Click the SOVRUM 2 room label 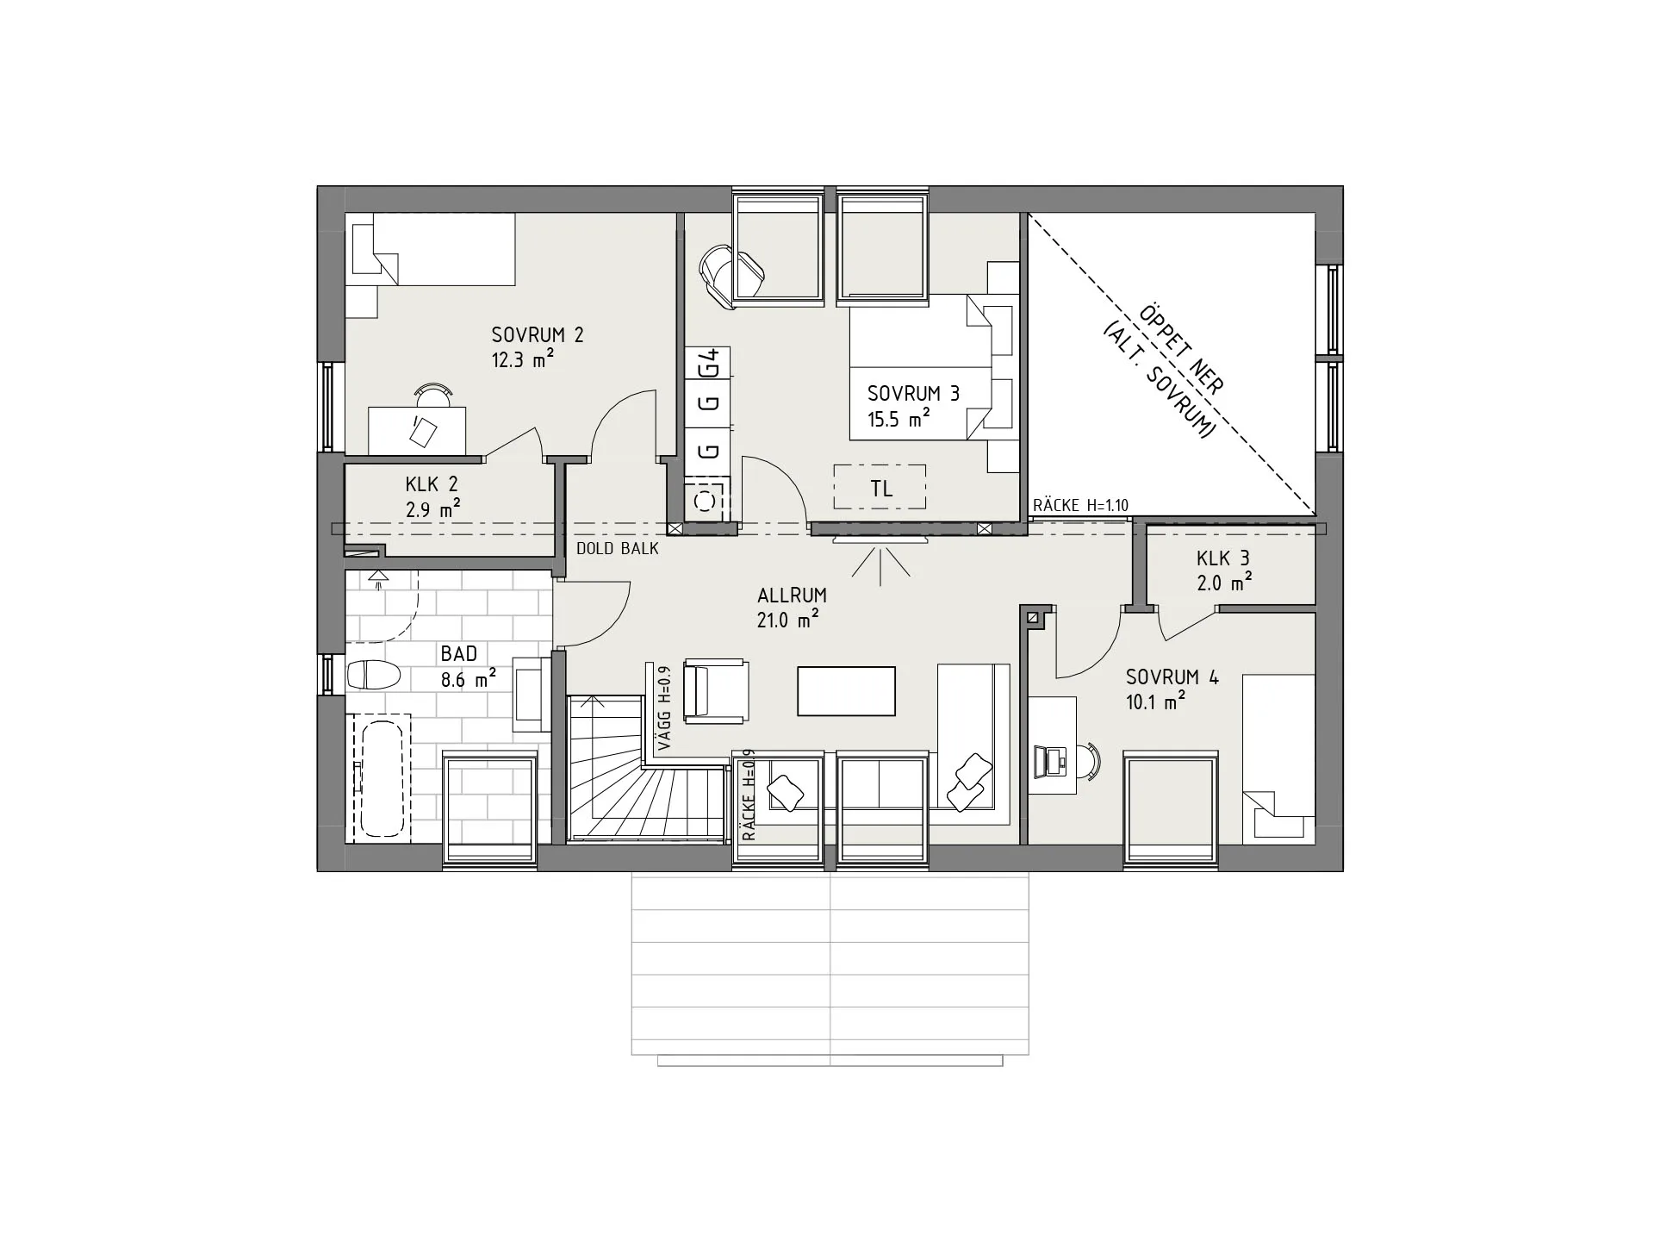(538, 334)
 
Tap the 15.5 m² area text (899, 420)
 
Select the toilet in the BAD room (373, 674)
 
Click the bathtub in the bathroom (381, 779)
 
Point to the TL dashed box (880, 487)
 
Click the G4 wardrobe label (709, 363)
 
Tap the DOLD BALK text (617, 548)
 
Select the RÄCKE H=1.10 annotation (1080, 506)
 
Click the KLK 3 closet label (1222, 558)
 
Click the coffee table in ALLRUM (846, 691)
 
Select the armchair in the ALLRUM (716, 690)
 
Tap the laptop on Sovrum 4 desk (1050, 759)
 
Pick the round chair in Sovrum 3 (731, 275)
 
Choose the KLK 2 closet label (432, 484)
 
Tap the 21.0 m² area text (787, 619)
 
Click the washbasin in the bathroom (528, 695)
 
